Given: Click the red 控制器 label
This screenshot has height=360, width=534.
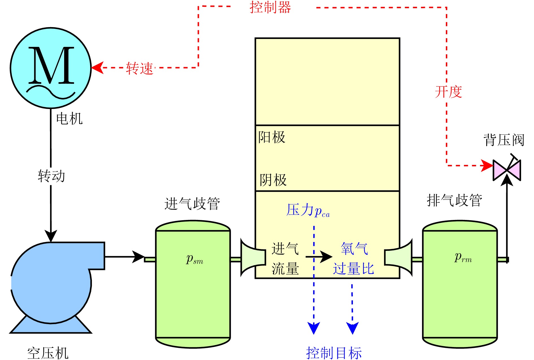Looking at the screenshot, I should coord(270,7).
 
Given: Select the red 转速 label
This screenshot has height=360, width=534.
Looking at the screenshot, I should coord(140,68).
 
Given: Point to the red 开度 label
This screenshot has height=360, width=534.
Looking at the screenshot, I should coord(448,92).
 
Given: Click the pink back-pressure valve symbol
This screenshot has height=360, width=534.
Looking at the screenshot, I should coord(507,170).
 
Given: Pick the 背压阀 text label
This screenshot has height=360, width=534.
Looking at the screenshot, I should coord(504,140).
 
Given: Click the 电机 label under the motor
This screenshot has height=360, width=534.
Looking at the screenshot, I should coord(69,119).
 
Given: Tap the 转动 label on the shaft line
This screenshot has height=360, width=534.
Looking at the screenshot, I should coord(51,176).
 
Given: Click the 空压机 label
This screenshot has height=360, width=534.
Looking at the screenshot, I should coord(48,353).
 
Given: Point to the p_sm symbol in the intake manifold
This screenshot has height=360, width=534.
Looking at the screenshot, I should coord(194,259).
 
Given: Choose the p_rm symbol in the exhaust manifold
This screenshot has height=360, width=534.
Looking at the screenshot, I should coord(463,257).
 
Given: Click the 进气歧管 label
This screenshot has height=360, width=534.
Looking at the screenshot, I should coord(192,204).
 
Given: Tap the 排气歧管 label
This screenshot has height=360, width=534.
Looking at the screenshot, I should coord(454,200).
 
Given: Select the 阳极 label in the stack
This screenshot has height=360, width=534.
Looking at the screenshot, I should coord(272,138).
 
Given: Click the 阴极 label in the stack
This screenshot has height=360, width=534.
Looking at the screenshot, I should coord(273,180).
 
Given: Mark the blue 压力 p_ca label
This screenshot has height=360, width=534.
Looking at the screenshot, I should coord(308,211).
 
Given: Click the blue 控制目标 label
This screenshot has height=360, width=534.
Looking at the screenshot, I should coord(334,353).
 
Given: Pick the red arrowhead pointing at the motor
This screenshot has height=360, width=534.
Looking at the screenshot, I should coord(97,68).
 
